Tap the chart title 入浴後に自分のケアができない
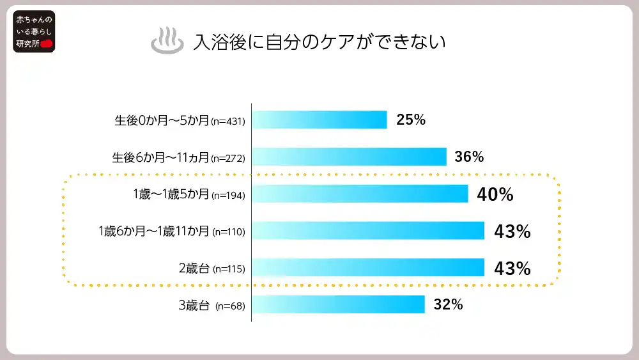(319, 42)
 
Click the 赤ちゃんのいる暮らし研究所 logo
(35, 31)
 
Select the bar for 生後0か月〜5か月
(319, 120)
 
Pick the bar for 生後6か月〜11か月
(349, 157)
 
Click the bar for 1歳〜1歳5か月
(360, 194)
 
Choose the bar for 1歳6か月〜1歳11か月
(368, 231)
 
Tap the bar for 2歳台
(368, 267)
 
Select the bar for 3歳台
(339, 304)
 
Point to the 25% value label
(411, 120)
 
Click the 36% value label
(469, 157)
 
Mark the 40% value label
(495, 195)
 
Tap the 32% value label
(448, 304)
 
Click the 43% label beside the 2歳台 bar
(512, 269)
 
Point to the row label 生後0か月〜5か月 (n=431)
(180, 120)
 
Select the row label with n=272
(178, 157)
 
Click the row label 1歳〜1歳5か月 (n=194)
(185, 194)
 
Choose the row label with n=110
(172, 231)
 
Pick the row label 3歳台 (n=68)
(212, 306)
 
